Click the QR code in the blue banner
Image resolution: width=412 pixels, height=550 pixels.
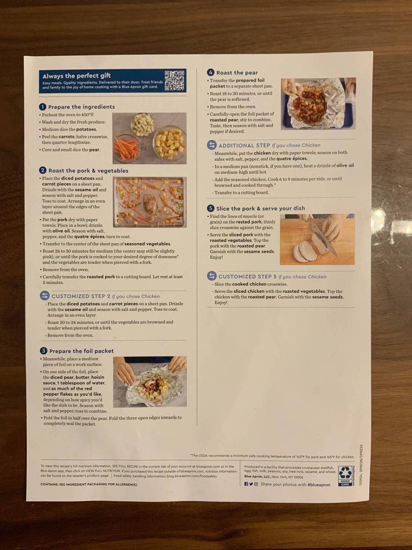tap(175, 80)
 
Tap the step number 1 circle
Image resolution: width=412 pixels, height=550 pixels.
tap(43, 107)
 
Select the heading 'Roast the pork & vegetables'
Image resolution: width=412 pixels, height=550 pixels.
tap(88, 170)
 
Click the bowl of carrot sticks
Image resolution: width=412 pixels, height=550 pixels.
tap(126, 148)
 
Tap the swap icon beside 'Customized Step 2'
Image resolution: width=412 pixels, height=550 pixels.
tap(44, 296)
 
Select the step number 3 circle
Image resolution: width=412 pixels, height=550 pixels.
tap(44, 351)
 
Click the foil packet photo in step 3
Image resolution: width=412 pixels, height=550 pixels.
tap(150, 381)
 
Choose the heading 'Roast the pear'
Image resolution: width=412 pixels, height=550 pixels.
tap(237, 73)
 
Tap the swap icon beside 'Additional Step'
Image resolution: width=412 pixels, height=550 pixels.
tap(212, 145)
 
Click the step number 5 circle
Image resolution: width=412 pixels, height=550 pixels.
tap(211, 208)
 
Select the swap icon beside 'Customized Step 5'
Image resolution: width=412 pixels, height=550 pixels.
tap(212, 276)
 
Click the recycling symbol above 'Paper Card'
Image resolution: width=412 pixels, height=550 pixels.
tap(345, 473)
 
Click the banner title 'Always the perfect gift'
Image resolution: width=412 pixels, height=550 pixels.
tap(77, 76)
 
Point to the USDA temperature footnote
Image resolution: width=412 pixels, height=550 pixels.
tap(272, 456)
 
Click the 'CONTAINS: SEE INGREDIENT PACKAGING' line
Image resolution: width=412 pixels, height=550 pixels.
tap(89, 484)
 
